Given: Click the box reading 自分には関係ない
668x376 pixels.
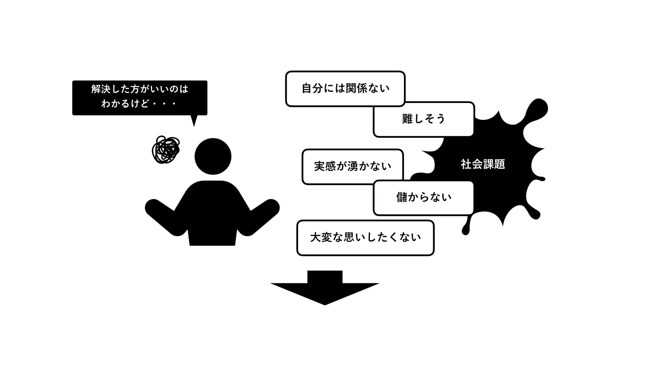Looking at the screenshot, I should (x=345, y=88).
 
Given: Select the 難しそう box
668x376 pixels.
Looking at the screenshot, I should (x=423, y=119).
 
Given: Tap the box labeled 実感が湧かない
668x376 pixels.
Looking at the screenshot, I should (x=352, y=166).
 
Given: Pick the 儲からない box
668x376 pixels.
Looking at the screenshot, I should (x=423, y=197).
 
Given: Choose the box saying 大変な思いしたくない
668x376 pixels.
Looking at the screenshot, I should (x=365, y=238).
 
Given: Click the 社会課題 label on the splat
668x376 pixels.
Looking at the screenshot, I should (x=483, y=164).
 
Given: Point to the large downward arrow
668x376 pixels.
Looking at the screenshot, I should (x=325, y=289).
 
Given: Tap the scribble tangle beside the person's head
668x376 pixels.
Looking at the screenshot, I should (x=166, y=150).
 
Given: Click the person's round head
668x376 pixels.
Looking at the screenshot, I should (x=213, y=156).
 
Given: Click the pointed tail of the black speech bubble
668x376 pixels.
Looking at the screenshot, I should (x=194, y=121).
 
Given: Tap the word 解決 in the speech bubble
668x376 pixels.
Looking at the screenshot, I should (x=100, y=89).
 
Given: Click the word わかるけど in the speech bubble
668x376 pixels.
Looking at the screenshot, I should (x=125, y=104).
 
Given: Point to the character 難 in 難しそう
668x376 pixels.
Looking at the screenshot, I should (x=407, y=119).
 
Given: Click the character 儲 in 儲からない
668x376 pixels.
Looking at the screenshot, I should (x=402, y=197).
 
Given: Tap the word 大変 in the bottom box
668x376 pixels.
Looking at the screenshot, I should (x=321, y=238).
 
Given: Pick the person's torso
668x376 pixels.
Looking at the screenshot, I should (x=212, y=212).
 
